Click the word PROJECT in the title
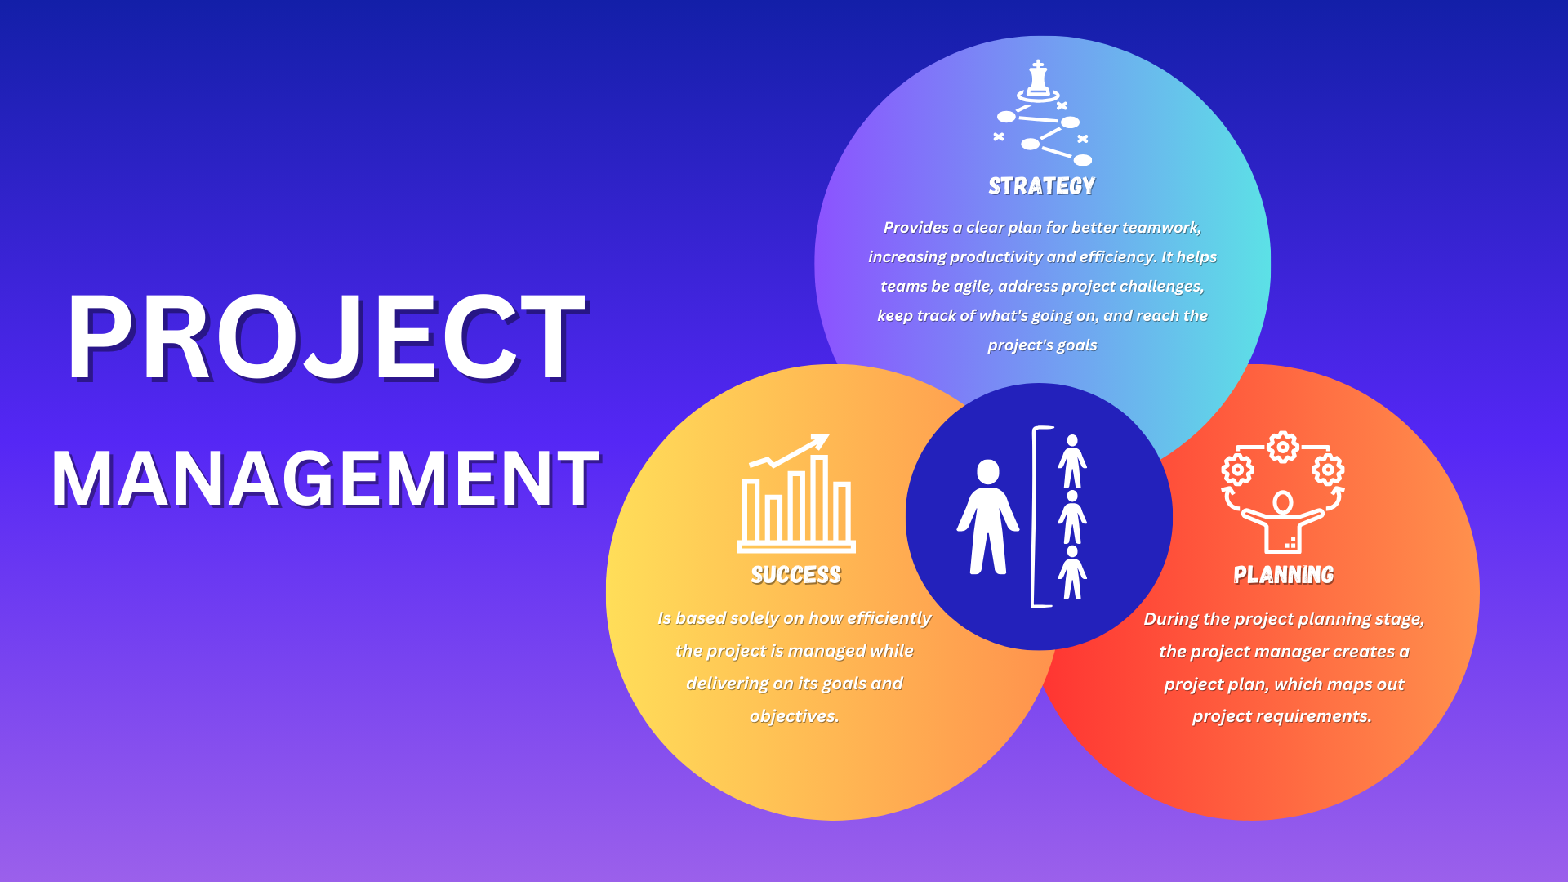[x=327, y=336]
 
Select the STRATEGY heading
[x=1042, y=187]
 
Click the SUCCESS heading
[x=796, y=576]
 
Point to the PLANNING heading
[x=1284, y=576]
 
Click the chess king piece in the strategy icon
[x=1038, y=79]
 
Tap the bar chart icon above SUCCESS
[x=797, y=494]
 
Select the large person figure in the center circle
[x=988, y=517]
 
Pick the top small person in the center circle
[x=1072, y=461]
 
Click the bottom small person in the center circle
[x=1072, y=572]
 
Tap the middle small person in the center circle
[x=1072, y=517]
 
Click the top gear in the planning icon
[x=1283, y=447]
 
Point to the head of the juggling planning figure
[x=1283, y=502]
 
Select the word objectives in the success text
[x=795, y=716]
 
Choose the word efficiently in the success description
[x=889, y=618]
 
